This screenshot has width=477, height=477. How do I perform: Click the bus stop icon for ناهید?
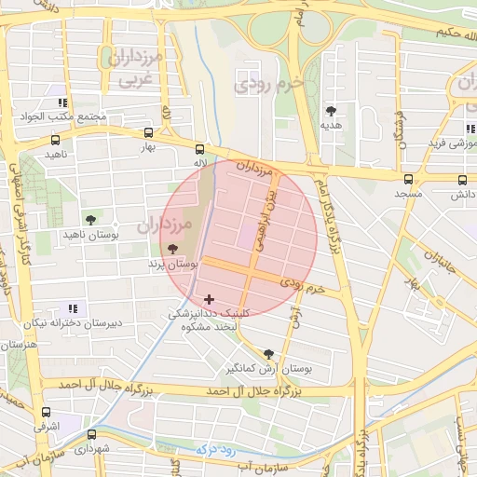56,142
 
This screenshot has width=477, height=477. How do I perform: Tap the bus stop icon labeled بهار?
149,133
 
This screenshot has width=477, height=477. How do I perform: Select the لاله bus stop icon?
199,149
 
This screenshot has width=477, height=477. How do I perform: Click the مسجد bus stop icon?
408,180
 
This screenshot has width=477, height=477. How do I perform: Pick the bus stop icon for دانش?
463,180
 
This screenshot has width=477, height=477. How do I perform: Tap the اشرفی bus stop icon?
47,413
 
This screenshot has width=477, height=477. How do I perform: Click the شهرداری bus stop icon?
91,435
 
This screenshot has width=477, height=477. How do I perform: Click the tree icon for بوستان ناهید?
89,220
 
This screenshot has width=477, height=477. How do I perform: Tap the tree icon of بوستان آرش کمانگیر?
269,354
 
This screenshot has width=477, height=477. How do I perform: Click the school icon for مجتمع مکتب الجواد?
62,102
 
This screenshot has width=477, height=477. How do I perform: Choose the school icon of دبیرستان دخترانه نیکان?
74,307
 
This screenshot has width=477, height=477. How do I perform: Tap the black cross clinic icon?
208,299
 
